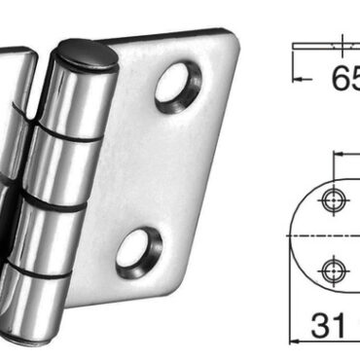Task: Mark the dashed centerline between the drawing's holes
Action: tap(333, 234)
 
